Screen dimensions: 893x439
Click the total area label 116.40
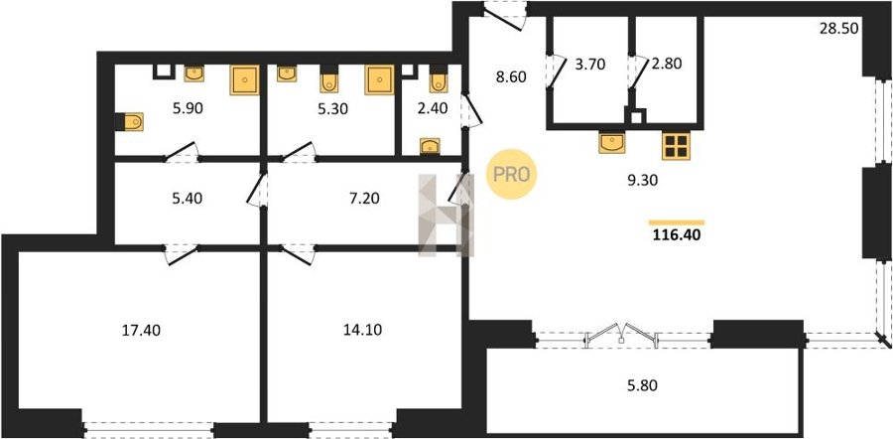tap(676, 233)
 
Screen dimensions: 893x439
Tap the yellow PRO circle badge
tap(511, 174)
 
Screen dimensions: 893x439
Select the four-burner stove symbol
tap(676, 145)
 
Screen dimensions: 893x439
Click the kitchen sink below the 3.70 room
tap(611, 142)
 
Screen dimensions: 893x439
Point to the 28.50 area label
tap(838, 29)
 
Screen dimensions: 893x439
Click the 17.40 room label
tap(141, 330)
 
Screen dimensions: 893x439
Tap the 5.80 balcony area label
tap(642, 385)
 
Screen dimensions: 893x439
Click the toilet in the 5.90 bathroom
tap(129, 121)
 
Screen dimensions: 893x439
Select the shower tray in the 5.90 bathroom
tap(244, 79)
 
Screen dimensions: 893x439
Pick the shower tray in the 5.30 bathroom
tap(379, 79)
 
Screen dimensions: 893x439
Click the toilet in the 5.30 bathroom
tap(328, 79)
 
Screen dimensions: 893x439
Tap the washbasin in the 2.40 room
tap(430, 146)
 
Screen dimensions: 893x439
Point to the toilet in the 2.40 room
tap(438, 79)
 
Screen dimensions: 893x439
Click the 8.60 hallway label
tap(510, 76)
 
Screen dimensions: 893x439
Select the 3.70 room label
tap(590, 64)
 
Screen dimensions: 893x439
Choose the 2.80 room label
tap(667, 64)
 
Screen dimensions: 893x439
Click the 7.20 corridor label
tap(363, 198)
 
